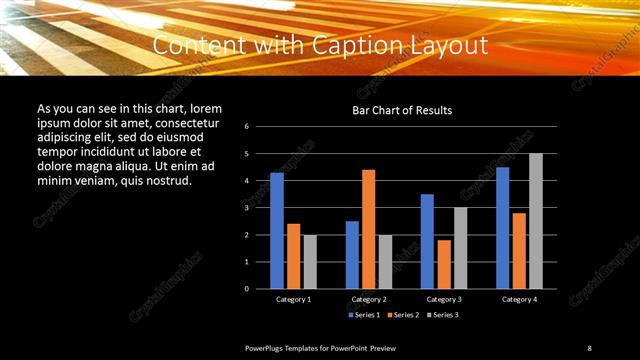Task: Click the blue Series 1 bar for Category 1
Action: [x=277, y=230]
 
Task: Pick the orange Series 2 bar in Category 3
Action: [x=444, y=264]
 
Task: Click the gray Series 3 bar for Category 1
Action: [x=310, y=261]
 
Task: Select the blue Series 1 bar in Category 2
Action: [x=352, y=254]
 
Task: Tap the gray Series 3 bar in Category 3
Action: [x=460, y=247]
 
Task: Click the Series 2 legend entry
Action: [x=404, y=314]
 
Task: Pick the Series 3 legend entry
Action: [x=444, y=314]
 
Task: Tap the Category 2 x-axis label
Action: [x=369, y=299]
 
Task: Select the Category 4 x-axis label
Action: [x=519, y=299]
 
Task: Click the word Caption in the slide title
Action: [x=353, y=46]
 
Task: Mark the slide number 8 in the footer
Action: [x=589, y=348]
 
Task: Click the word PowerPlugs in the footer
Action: [x=266, y=348]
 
